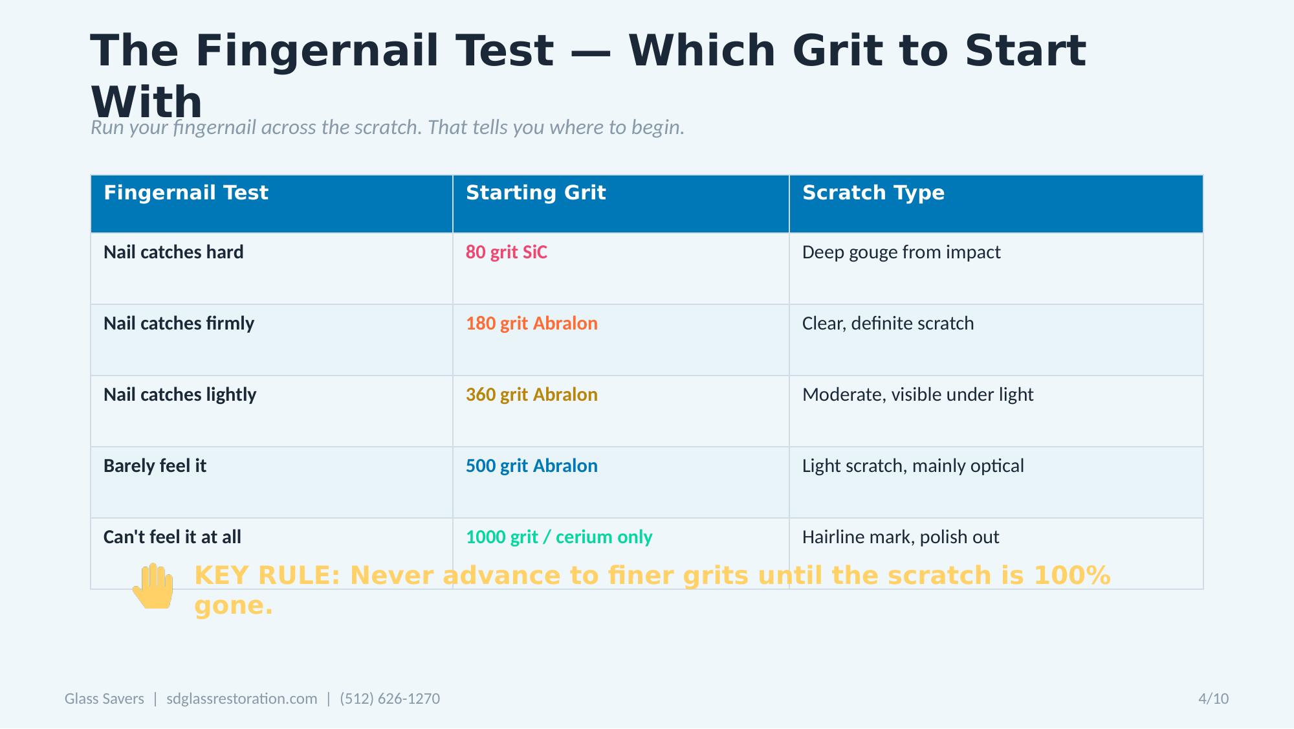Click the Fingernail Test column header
pyautogui.click(x=186, y=193)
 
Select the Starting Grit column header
pyautogui.click(x=536, y=193)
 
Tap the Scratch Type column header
pyautogui.click(x=873, y=193)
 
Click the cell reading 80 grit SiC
pyautogui.click(x=507, y=252)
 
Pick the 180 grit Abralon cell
pyautogui.click(x=531, y=324)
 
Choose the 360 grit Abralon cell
pyautogui.click(x=531, y=395)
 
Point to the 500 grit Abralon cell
pyautogui.click(x=531, y=466)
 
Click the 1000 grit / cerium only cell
pyautogui.click(x=559, y=537)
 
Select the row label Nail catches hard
pyautogui.click(x=173, y=252)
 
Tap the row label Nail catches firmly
pyautogui.click(x=179, y=324)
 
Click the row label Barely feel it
pyautogui.click(x=155, y=466)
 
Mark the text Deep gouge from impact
pyautogui.click(x=901, y=252)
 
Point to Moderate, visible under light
pyautogui.click(x=917, y=395)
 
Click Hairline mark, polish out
pyautogui.click(x=901, y=537)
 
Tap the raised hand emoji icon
pyautogui.click(x=154, y=586)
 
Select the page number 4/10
pyautogui.click(x=1213, y=699)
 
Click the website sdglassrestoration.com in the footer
pyautogui.click(x=242, y=699)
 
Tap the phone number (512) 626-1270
pyautogui.click(x=389, y=699)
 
